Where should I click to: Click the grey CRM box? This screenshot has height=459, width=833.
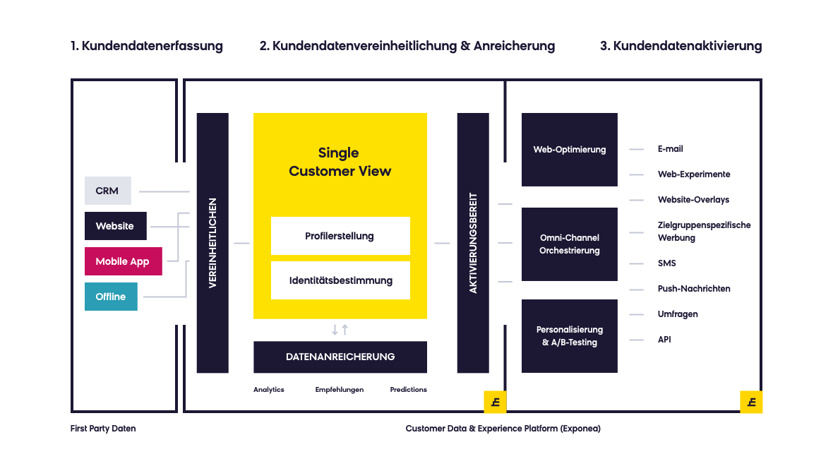[x=108, y=191]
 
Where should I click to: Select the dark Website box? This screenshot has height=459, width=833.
[x=116, y=226]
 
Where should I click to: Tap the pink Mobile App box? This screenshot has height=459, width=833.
[x=124, y=261]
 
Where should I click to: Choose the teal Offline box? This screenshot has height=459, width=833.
[x=111, y=297]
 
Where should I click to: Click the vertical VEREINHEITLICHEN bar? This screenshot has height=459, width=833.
[x=212, y=243]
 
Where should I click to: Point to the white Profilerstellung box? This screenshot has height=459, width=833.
[x=340, y=236]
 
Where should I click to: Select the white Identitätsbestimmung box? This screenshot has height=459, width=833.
[x=340, y=280]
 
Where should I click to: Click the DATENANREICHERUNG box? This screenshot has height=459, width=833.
[x=340, y=357]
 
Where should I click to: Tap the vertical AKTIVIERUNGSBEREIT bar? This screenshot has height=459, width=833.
[x=473, y=243]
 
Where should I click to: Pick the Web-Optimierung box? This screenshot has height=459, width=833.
[x=570, y=150]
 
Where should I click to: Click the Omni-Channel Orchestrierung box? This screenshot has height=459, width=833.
[x=570, y=244]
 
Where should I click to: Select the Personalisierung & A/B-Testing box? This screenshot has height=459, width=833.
[x=570, y=336]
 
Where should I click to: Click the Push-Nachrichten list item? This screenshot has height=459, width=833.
[x=694, y=289]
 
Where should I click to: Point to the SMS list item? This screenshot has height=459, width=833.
[x=666, y=263]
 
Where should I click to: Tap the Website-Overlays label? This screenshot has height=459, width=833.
[x=693, y=200]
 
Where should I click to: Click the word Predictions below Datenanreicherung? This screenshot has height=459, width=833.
[x=409, y=389]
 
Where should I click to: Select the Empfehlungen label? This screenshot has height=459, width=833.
[x=340, y=389]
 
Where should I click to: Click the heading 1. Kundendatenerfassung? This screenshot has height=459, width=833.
[x=147, y=46]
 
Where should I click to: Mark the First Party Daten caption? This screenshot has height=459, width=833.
[x=103, y=429]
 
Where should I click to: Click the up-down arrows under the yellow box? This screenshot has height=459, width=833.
[x=340, y=330]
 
